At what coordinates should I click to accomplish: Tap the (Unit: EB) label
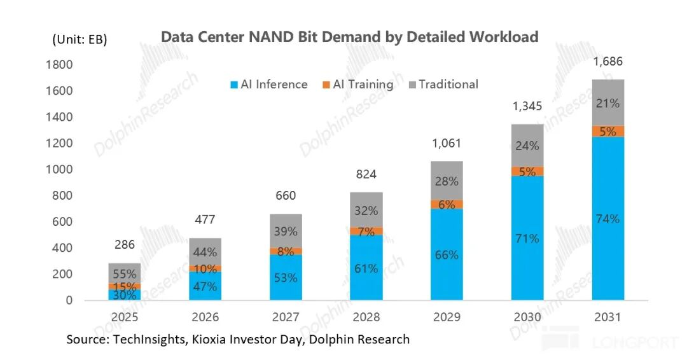[80, 39]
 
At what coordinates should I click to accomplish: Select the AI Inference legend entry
[269, 84]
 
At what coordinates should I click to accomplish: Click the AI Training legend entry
[358, 84]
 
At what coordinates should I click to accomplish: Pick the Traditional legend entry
[443, 84]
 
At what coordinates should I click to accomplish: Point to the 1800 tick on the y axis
[59, 65]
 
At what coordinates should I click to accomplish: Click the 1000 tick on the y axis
[59, 169]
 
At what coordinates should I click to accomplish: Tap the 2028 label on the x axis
[366, 317]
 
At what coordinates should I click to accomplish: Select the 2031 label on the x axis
[607, 317]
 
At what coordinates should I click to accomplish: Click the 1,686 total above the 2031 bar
[607, 61]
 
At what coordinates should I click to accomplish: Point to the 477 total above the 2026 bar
[205, 219]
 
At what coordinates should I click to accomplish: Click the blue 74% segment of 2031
[607, 219]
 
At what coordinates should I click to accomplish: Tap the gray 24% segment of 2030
[527, 146]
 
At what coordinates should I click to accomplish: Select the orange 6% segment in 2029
[447, 205]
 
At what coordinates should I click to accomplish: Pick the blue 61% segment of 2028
[366, 268]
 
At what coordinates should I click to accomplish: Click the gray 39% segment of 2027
[286, 232]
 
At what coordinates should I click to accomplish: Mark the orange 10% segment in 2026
[205, 268]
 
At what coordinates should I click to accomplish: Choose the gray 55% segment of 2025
[125, 273]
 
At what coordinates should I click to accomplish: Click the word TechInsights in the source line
[149, 340]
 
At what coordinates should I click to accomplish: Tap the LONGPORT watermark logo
[609, 340]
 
